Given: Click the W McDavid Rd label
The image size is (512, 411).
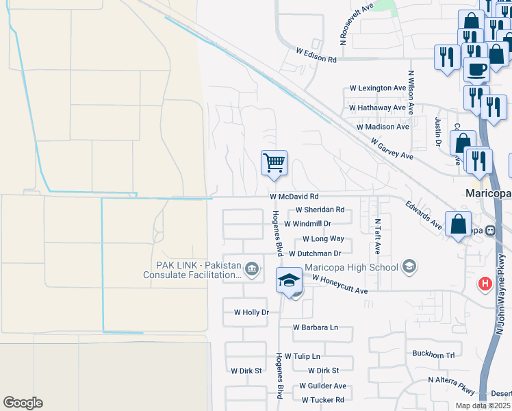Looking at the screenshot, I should [x=295, y=197].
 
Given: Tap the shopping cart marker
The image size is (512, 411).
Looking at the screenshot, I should [x=274, y=164].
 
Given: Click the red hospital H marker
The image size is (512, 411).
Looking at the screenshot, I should [x=485, y=283].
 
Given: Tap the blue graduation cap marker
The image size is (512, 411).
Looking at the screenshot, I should [x=290, y=281].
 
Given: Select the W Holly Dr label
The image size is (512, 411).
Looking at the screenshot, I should [x=251, y=312].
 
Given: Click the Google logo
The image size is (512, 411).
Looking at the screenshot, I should [x=23, y=403].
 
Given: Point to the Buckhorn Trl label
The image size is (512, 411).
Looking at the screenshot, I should [x=433, y=355].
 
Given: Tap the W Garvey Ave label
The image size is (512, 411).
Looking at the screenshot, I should [x=392, y=149].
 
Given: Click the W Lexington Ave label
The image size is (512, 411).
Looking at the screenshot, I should [x=378, y=88].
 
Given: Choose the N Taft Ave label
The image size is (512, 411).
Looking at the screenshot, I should [x=377, y=237].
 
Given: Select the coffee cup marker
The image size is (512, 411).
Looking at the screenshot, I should [x=476, y=68].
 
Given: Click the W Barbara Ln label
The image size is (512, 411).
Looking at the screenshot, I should [x=316, y=327].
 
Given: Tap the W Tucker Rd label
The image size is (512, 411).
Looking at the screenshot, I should [x=322, y=399].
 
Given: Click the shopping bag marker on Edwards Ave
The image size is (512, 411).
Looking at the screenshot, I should [x=458, y=224].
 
